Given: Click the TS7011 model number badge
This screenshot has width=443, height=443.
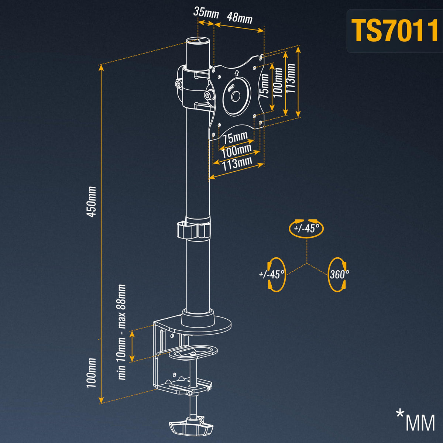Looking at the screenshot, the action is click(395, 31).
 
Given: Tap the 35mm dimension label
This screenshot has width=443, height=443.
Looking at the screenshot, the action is click(206, 13).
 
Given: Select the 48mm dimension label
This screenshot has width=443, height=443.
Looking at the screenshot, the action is click(240, 18).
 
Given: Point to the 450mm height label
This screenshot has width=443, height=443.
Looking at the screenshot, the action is click(91, 202).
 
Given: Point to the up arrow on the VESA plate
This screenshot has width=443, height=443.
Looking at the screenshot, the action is click(237, 73).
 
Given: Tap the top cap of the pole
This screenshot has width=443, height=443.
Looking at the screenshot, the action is click(198, 41).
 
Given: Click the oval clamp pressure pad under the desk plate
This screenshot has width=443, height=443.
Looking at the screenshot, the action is click(193, 352).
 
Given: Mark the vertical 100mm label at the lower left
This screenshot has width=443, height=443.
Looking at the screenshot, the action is click(91, 373).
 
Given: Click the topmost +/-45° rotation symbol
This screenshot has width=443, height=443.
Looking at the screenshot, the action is click(306, 228).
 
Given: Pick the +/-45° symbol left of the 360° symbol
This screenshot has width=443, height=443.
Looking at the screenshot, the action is click(273, 275).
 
